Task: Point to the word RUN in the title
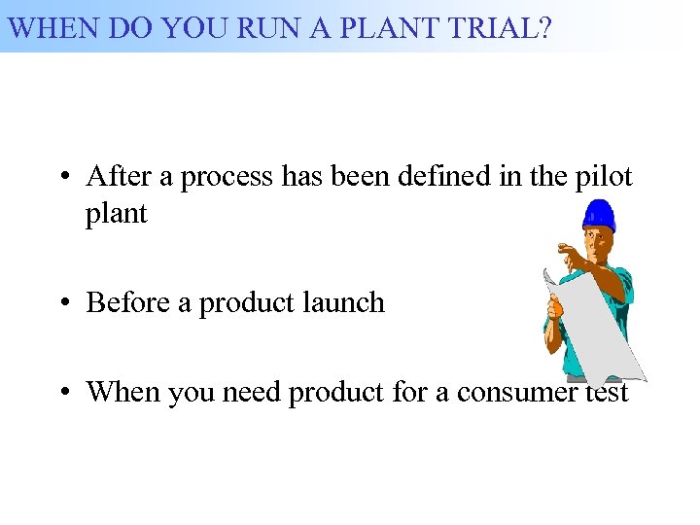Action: (x=256, y=26)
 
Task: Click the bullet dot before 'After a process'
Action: (x=61, y=178)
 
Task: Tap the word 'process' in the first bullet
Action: (x=227, y=178)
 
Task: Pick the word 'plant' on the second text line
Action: (x=116, y=214)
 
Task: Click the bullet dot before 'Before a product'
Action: (x=61, y=303)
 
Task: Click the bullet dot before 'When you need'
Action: (x=61, y=393)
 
